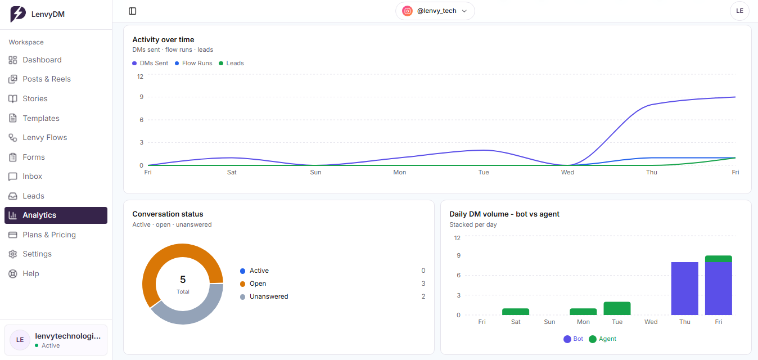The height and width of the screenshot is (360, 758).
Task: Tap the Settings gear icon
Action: (13, 254)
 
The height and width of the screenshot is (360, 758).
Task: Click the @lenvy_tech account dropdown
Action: (435, 11)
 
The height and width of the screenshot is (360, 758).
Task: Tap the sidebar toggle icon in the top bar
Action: (133, 11)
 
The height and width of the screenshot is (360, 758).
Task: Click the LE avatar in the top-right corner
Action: (739, 11)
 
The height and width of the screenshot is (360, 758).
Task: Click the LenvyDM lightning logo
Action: (17, 14)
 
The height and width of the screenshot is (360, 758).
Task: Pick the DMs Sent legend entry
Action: (150, 63)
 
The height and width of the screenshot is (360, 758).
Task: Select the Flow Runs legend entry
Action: (193, 63)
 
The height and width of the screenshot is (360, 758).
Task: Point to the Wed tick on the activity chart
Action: (567, 172)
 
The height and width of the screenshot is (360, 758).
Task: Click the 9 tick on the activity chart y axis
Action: (142, 97)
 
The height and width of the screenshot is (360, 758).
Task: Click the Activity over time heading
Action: (163, 39)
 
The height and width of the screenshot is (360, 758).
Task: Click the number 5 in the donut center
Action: (183, 280)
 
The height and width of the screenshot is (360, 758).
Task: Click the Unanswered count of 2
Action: (423, 296)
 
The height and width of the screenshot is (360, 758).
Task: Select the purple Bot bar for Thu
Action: (684, 289)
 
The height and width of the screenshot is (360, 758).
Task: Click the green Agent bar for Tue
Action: (617, 308)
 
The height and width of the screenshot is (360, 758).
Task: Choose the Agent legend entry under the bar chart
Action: (603, 339)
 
